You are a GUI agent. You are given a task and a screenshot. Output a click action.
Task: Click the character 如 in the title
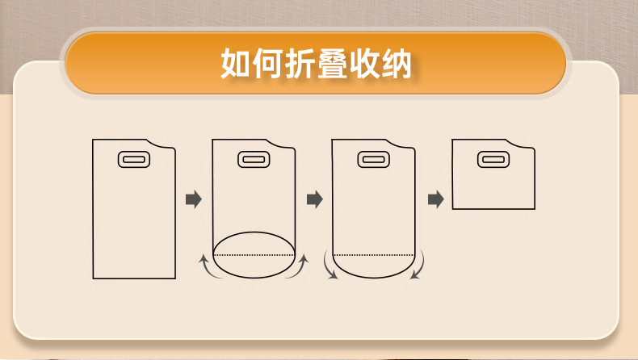pyautogui.click(x=235, y=64)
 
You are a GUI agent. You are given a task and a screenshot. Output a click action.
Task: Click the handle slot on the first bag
pyautogui.click(x=133, y=160)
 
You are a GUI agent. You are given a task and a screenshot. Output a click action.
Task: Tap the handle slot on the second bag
pyautogui.click(x=253, y=160)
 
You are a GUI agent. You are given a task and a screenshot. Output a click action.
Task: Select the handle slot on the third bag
pyautogui.click(x=372, y=160)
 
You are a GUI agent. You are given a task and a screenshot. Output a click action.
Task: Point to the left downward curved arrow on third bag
pyautogui.click(x=329, y=266)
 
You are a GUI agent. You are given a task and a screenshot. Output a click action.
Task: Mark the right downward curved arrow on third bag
pyautogui.click(x=419, y=266)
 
